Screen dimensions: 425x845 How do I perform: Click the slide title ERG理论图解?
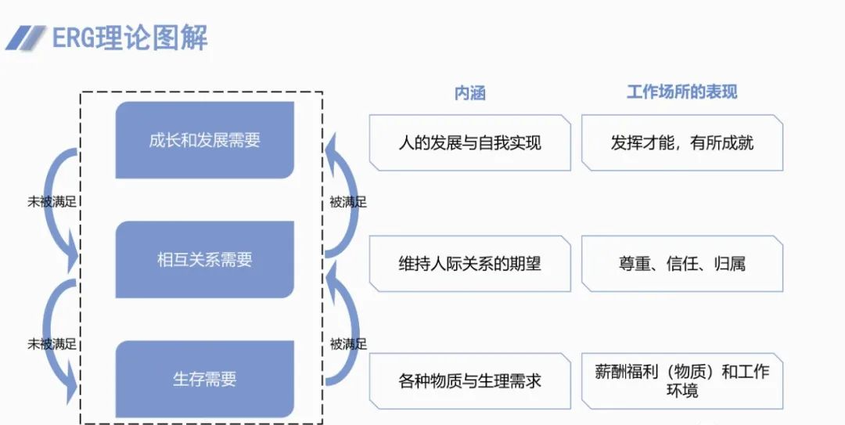coord(130,38)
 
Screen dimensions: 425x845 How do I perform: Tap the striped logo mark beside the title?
coord(25,38)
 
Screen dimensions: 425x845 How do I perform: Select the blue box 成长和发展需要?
coord(204,141)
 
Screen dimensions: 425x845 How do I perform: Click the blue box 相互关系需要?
coord(204,260)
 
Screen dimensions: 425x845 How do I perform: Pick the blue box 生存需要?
coord(204,380)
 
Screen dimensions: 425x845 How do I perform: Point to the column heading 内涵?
coord(469,92)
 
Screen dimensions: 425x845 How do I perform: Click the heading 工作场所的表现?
coord(681,92)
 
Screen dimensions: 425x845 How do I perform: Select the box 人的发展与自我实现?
coord(469,142)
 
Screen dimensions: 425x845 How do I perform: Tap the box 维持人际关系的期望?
coord(469,263)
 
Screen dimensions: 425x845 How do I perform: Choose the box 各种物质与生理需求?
coord(469,381)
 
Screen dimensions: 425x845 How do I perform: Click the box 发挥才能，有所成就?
coord(681,142)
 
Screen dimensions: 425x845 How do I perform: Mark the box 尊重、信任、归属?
coord(681,263)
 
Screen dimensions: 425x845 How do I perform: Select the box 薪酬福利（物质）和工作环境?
coord(681,380)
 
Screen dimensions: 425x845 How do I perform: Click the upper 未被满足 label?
coord(52,201)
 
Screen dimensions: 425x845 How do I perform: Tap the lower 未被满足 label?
coord(52,343)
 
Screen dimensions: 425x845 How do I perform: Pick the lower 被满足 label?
coord(347,343)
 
